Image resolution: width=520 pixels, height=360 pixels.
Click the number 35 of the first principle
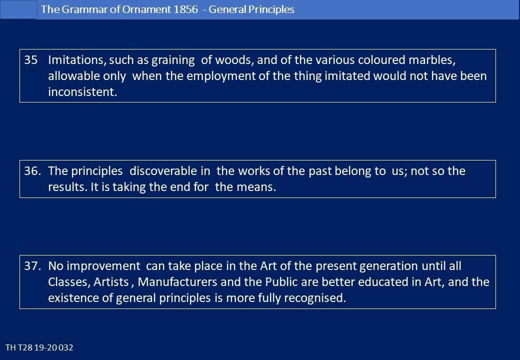31,60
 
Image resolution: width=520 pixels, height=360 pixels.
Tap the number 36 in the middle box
32,171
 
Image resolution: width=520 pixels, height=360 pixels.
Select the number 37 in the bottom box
32,266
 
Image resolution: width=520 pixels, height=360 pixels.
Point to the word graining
173,60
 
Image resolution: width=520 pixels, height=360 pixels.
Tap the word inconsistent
82,92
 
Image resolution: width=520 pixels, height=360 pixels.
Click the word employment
221,76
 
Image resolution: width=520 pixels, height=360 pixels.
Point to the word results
68,187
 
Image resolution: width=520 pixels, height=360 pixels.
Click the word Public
281,282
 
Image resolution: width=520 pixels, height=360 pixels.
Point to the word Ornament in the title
146,9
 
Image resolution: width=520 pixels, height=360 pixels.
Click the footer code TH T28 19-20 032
39,347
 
